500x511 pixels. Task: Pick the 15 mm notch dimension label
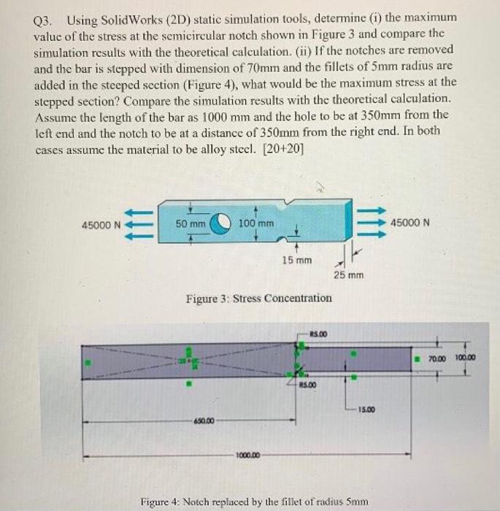tap(296, 259)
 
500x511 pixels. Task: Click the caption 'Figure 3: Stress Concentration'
tap(259, 298)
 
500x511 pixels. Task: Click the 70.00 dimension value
tap(436, 358)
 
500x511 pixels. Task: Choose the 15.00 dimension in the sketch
tap(368, 410)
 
